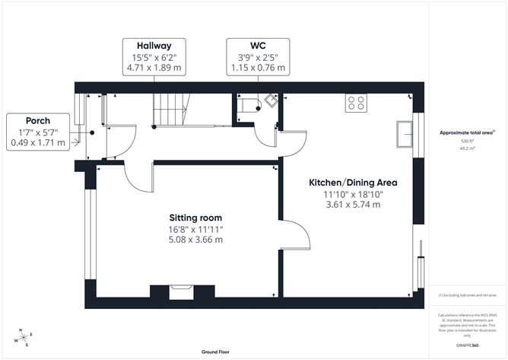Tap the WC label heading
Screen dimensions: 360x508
(x=259, y=44)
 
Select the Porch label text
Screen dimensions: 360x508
(x=38, y=121)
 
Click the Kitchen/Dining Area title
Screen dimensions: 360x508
(x=353, y=183)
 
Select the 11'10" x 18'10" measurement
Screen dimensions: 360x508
(x=353, y=193)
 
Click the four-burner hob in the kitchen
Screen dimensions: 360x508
(x=356, y=103)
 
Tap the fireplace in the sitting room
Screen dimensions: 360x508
(x=180, y=289)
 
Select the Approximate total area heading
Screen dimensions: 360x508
(x=466, y=132)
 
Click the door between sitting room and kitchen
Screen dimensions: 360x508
(x=296, y=236)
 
